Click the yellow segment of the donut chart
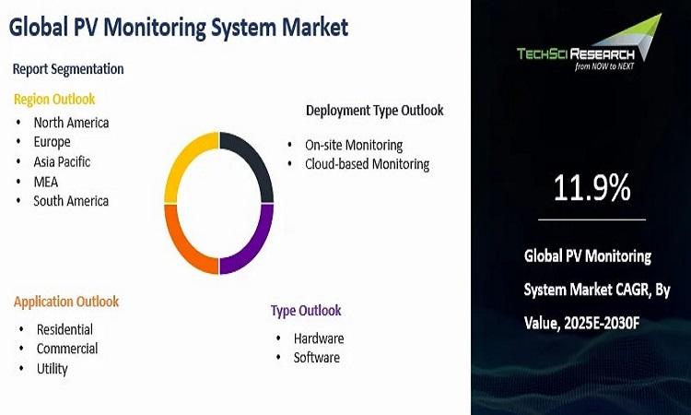183,159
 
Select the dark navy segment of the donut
254,159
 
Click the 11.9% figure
591,188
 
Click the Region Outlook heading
54,100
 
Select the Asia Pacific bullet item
62,162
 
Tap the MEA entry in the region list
46,182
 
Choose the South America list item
71,201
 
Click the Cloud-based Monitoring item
367,164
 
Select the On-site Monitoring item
354,145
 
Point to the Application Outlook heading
66,302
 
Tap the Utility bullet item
52,369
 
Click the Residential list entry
64,329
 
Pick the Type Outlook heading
306,311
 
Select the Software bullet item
317,357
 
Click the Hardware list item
319,338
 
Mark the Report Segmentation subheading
68,69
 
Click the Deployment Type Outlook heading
375,111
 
